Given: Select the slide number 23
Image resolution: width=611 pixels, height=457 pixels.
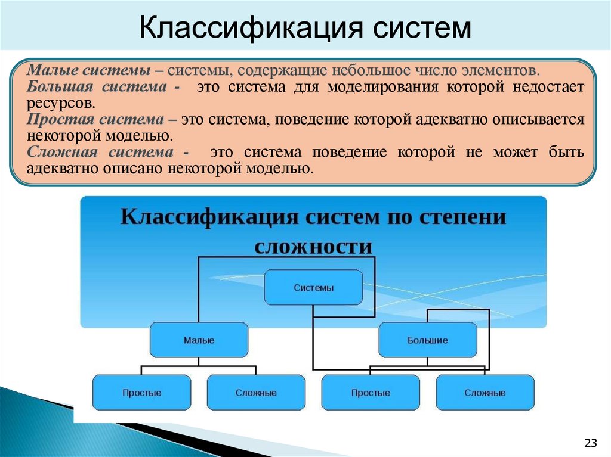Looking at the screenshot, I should click(x=591, y=443).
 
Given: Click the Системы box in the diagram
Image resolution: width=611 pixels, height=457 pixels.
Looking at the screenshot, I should click(x=313, y=288).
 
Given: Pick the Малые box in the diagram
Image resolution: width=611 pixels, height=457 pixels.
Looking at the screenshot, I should click(x=199, y=340).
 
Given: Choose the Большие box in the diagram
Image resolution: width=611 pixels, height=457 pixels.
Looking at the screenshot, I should click(x=428, y=340).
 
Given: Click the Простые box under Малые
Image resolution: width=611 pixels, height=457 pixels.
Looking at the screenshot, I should click(x=142, y=393).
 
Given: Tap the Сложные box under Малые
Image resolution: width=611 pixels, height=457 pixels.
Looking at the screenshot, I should click(x=256, y=393).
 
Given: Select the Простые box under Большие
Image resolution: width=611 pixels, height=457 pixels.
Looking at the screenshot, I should click(x=371, y=393).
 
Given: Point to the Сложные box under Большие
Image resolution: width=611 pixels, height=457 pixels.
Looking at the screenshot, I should click(x=485, y=393).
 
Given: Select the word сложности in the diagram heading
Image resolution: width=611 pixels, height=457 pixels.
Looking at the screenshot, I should click(x=313, y=245).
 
